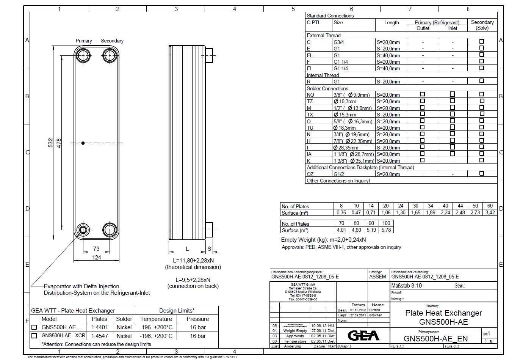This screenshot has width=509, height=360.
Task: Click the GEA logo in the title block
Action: click(x=363, y=336)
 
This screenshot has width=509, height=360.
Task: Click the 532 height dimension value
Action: click(x=50, y=143)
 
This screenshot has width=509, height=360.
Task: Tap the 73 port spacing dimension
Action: click(x=96, y=249)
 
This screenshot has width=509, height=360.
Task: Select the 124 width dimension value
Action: click(x=97, y=257)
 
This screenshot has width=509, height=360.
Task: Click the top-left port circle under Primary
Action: click(x=82, y=56)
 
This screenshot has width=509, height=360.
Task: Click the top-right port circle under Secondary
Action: click(x=110, y=56)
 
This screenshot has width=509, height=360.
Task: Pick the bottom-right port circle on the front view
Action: click(x=110, y=230)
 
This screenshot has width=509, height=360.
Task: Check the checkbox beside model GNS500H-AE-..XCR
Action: click(x=34, y=336)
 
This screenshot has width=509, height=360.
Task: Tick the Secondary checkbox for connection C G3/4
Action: click(x=482, y=41)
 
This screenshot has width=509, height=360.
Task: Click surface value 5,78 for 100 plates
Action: click(x=386, y=230)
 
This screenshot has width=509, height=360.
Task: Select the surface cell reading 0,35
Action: click(x=341, y=212)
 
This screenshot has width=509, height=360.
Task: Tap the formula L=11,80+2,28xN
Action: click(x=193, y=260)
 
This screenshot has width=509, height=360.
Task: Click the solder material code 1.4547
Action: click(x=100, y=336)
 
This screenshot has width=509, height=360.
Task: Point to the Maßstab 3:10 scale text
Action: click(x=406, y=286)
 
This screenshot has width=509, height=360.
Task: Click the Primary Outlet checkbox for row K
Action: click(x=423, y=160)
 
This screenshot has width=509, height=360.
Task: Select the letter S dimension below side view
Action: click(x=209, y=249)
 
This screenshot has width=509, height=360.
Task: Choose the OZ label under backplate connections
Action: click(x=310, y=174)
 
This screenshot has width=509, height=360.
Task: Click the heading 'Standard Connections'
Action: click(x=330, y=16)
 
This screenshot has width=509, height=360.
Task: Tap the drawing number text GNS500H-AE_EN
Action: click(x=435, y=338)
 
